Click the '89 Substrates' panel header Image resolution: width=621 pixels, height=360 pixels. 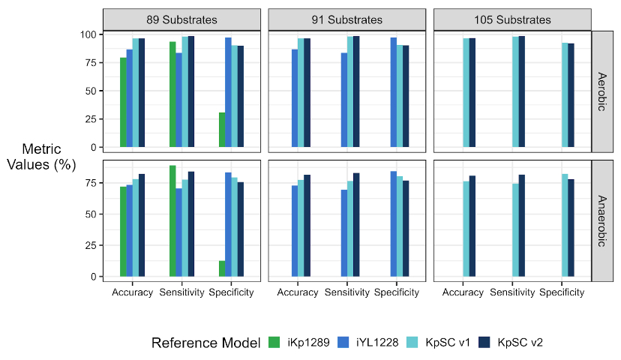coord(181,19)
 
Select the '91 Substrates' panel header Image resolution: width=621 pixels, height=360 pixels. coord(346,19)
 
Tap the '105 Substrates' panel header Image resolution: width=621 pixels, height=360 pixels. coord(511,19)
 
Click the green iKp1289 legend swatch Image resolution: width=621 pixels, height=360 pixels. coord(275,343)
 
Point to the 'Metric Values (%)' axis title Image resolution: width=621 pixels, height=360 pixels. coord(41,156)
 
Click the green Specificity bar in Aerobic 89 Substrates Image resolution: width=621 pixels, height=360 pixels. coord(222,130)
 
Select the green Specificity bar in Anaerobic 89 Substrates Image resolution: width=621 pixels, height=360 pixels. coord(222,268)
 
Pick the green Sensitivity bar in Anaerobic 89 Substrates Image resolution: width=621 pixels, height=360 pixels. coord(172,220)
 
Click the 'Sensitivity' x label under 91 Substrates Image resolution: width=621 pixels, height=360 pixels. coord(346,292)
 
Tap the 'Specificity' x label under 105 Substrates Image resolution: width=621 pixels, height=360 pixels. coord(561,292)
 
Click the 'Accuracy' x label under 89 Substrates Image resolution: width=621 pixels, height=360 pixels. coord(132,292)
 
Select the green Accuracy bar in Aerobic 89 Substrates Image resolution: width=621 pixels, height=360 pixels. coord(123,102)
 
